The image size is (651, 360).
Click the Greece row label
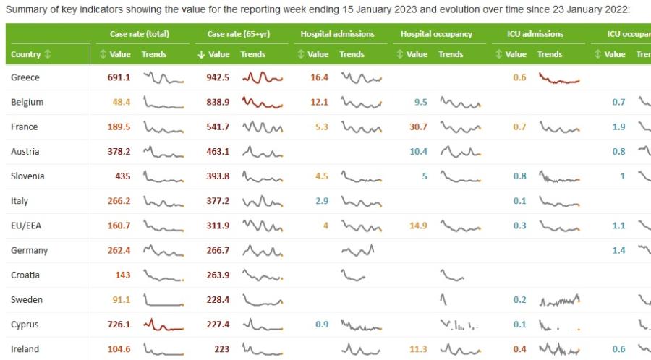pyautogui.click(x=25, y=78)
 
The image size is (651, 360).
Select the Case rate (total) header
pyautogui.click(x=139, y=34)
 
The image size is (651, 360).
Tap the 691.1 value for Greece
pyautogui.click(x=119, y=78)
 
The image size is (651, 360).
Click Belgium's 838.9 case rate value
pyautogui.click(x=217, y=103)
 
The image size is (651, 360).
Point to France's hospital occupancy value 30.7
pyautogui.click(x=418, y=127)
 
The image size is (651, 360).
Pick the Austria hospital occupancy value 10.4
pyautogui.click(x=418, y=152)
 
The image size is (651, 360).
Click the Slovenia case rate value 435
pyautogui.click(x=122, y=176)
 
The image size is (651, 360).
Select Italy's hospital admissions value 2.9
pyautogui.click(x=322, y=201)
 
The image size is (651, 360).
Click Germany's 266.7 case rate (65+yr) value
pyautogui.click(x=217, y=250)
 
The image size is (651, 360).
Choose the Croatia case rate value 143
pyautogui.click(x=122, y=275)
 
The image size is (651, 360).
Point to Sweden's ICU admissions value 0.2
pyautogui.click(x=519, y=299)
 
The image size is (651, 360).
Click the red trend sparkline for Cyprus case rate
pyautogui.click(x=163, y=324)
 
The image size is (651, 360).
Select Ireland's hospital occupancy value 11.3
pyautogui.click(x=418, y=349)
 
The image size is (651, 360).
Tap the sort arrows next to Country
pyautogui.click(x=48, y=54)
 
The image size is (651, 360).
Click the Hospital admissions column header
pyautogui.click(x=337, y=34)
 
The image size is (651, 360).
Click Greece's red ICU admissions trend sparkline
pyautogui.click(x=559, y=79)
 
